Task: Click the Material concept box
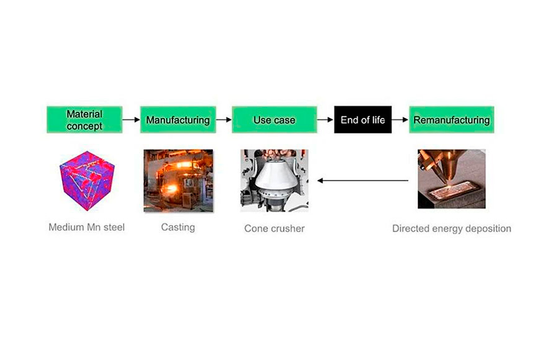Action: pyautogui.click(x=84, y=119)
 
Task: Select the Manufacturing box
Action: pyautogui.click(x=178, y=119)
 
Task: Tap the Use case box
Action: pyautogui.click(x=274, y=119)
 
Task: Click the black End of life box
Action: pyautogui.click(x=363, y=119)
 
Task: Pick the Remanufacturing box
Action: pyautogui.click(x=451, y=119)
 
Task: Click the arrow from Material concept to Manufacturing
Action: pyautogui.click(x=131, y=119)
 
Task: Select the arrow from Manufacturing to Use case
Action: pyautogui.click(x=223, y=119)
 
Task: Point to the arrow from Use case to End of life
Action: pyautogui.click(x=325, y=119)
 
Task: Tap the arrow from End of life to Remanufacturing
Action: pyautogui.click(x=400, y=119)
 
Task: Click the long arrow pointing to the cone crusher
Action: pyautogui.click(x=363, y=181)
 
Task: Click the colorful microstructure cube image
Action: pyautogui.click(x=87, y=179)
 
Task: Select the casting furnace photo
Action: pyautogui.click(x=178, y=181)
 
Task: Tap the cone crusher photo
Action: pyautogui.click(x=274, y=180)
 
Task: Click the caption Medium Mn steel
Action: pyautogui.click(x=87, y=227)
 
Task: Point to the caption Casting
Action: pyautogui.click(x=178, y=227)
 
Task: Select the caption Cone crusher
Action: pyautogui.click(x=274, y=228)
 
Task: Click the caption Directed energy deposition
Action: pyautogui.click(x=451, y=228)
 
